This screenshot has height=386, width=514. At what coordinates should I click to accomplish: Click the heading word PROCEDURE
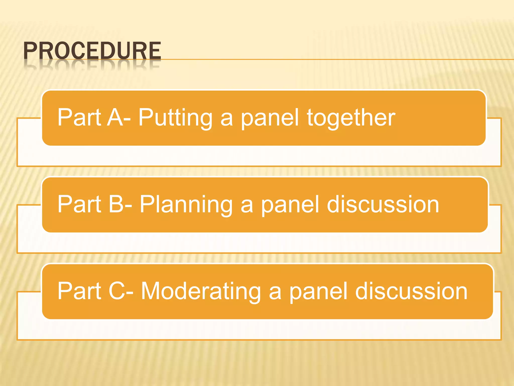click(92, 51)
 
